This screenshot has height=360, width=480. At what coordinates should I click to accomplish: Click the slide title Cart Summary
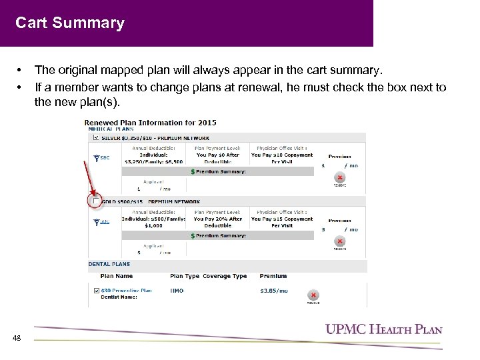tap(70, 23)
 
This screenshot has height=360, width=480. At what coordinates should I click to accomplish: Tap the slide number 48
tap(17, 338)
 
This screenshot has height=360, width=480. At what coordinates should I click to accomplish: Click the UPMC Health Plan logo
tap(383, 329)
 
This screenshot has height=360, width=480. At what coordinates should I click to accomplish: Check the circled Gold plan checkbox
tap(96, 201)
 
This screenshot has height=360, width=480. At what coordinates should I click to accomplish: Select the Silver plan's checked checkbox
tap(96, 137)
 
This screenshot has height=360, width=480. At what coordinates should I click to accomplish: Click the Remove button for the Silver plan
tap(340, 179)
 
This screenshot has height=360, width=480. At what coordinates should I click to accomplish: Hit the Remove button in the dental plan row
tap(312, 296)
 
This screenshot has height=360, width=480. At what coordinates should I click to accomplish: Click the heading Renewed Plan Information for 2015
tap(150, 123)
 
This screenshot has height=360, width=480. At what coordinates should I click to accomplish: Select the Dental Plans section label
tap(109, 264)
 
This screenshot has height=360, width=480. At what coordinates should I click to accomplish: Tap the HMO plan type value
tap(177, 290)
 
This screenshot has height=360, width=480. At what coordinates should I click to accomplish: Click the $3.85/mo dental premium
tap(274, 290)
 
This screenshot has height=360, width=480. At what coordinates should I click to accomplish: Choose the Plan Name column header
tap(117, 276)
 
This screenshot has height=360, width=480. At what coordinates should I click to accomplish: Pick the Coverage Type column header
tap(225, 276)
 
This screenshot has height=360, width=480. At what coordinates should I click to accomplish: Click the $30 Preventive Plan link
tap(126, 290)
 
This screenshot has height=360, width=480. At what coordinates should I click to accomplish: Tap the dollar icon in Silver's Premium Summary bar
tap(193, 171)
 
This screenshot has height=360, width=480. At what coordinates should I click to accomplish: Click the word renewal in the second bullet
tap(217, 87)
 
